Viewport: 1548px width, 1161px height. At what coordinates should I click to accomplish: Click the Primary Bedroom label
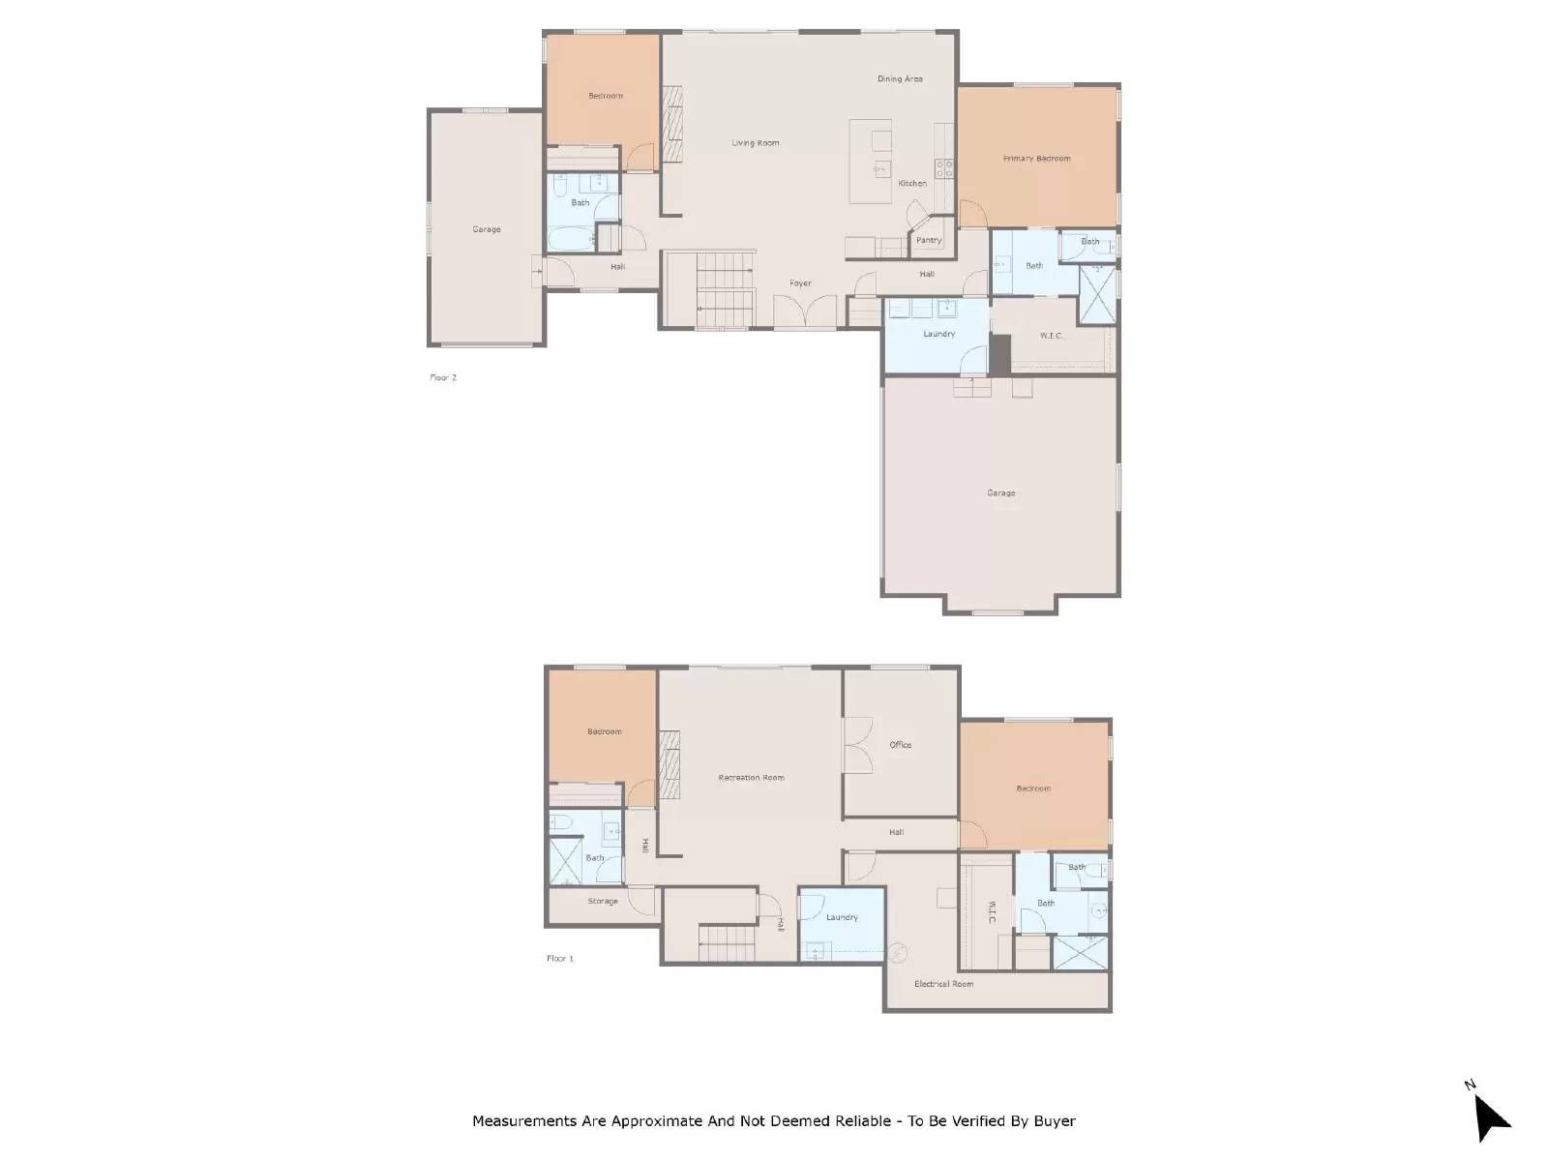click(1036, 159)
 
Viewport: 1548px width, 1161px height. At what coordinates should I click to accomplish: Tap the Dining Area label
click(900, 79)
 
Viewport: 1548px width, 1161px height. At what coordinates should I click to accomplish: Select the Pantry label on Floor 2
click(928, 240)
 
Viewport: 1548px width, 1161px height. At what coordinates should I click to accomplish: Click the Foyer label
click(800, 283)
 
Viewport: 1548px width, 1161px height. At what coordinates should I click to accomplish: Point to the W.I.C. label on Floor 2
click(1052, 336)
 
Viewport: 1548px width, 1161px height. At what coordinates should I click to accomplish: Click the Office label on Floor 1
click(900, 745)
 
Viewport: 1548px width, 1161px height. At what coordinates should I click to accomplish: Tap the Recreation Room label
click(751, 778)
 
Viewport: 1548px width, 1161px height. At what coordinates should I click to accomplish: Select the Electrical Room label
click(943, 984)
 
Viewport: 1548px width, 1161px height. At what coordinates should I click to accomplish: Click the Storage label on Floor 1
click(602, 902)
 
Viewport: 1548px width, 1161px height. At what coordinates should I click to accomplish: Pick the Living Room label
click(755, 143)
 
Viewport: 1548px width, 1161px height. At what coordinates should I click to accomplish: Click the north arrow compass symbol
click(1491, 1117)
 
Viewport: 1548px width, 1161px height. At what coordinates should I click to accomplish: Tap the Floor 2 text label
click(442, 377)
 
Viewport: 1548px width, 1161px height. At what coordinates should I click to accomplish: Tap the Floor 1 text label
click(559, 959)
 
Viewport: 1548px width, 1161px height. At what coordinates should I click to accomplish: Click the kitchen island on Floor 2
click(870, 162)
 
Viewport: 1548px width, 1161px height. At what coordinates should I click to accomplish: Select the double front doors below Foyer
click(805, 314)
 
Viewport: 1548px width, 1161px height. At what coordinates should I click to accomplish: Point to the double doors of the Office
click(856, 744)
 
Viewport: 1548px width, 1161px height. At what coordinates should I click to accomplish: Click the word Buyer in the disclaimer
click(1053, 1121)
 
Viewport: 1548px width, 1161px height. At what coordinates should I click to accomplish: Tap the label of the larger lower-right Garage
click(1000, 493)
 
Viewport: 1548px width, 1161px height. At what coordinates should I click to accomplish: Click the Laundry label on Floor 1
click(842, 917)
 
